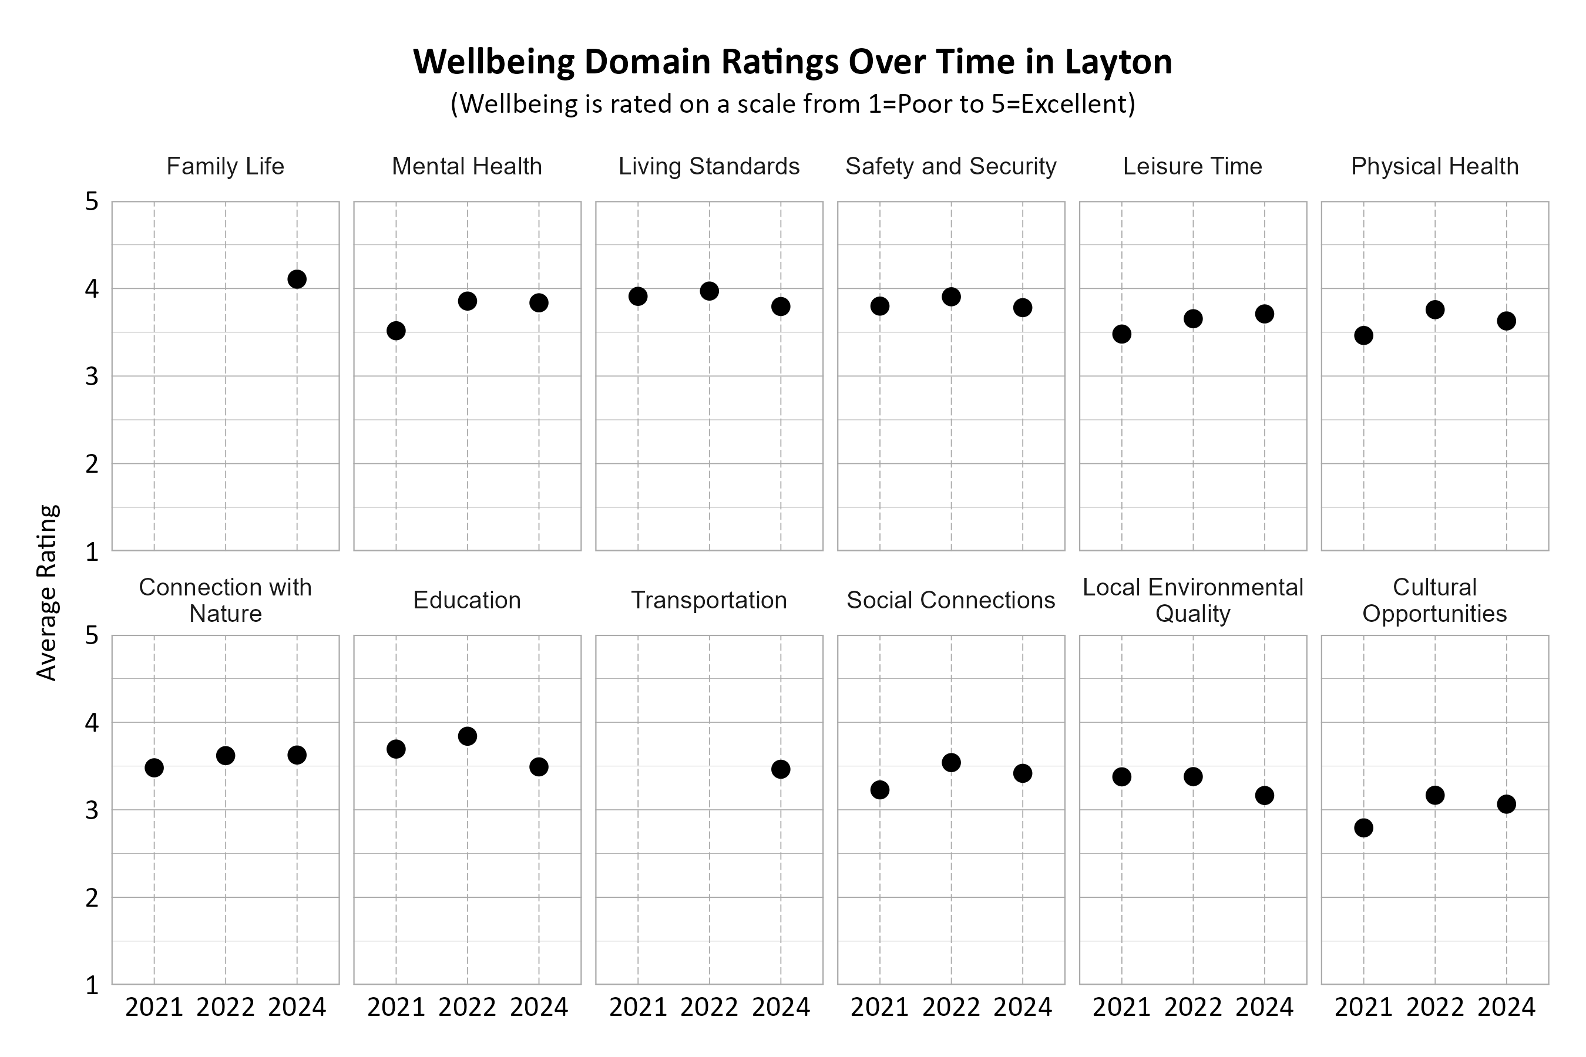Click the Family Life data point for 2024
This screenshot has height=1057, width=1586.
click(297, 279)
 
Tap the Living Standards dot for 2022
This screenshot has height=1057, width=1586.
click(709, 291)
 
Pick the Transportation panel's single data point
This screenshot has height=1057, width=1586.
click(780, 769)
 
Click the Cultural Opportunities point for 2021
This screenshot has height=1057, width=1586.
click(1363, 828)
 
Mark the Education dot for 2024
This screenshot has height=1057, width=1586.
click(538, 766)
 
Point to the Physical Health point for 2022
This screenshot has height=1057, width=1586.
click(1435, 309)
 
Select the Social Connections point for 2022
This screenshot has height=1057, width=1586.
click(951, 762)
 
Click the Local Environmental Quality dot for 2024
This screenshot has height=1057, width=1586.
click(1264, 796)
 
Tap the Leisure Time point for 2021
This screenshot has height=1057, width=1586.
click(1121, 334)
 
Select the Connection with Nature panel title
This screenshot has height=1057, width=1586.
click(225, 600)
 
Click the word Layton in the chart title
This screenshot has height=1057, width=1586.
click(1118, 62)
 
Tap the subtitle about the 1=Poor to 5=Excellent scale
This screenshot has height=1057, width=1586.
click(792, 104)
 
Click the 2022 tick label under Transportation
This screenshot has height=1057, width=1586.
click(709, 1007)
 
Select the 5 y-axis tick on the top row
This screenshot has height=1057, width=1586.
click(92, 201)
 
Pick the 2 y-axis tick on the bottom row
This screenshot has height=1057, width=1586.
click(92, 898)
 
